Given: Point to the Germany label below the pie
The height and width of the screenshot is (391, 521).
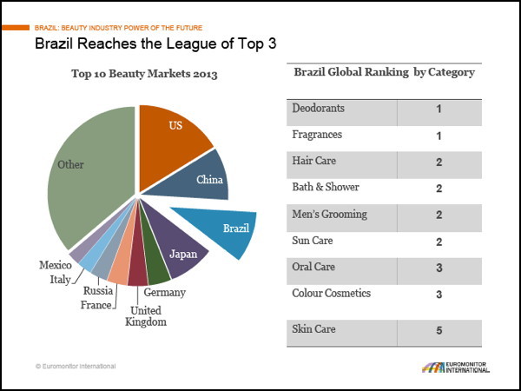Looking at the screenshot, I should pyautogui.click(x=165, y=293).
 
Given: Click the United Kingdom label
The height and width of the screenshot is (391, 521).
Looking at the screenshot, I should pyautogui.click(x=146, y=316).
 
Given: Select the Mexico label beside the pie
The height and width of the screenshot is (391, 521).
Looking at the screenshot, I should pyautogui.click(x=55, y=264).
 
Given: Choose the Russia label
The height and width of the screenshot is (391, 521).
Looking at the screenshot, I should pyautogui.click(x=96, y=292).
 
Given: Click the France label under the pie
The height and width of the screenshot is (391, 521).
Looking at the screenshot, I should pyautogui.click(x=96, y=305).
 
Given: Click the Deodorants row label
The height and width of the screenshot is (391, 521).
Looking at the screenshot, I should pyautogui.click(x=318, y=109).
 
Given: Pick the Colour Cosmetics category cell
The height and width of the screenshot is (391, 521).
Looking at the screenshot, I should pyautogui.click(x=332, y=293).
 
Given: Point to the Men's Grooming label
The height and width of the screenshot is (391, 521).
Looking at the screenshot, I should pyautogui.click(x=330, y=215).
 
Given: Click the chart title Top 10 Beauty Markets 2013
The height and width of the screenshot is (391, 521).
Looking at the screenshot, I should pyautogui.click(x=144, y=74).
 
